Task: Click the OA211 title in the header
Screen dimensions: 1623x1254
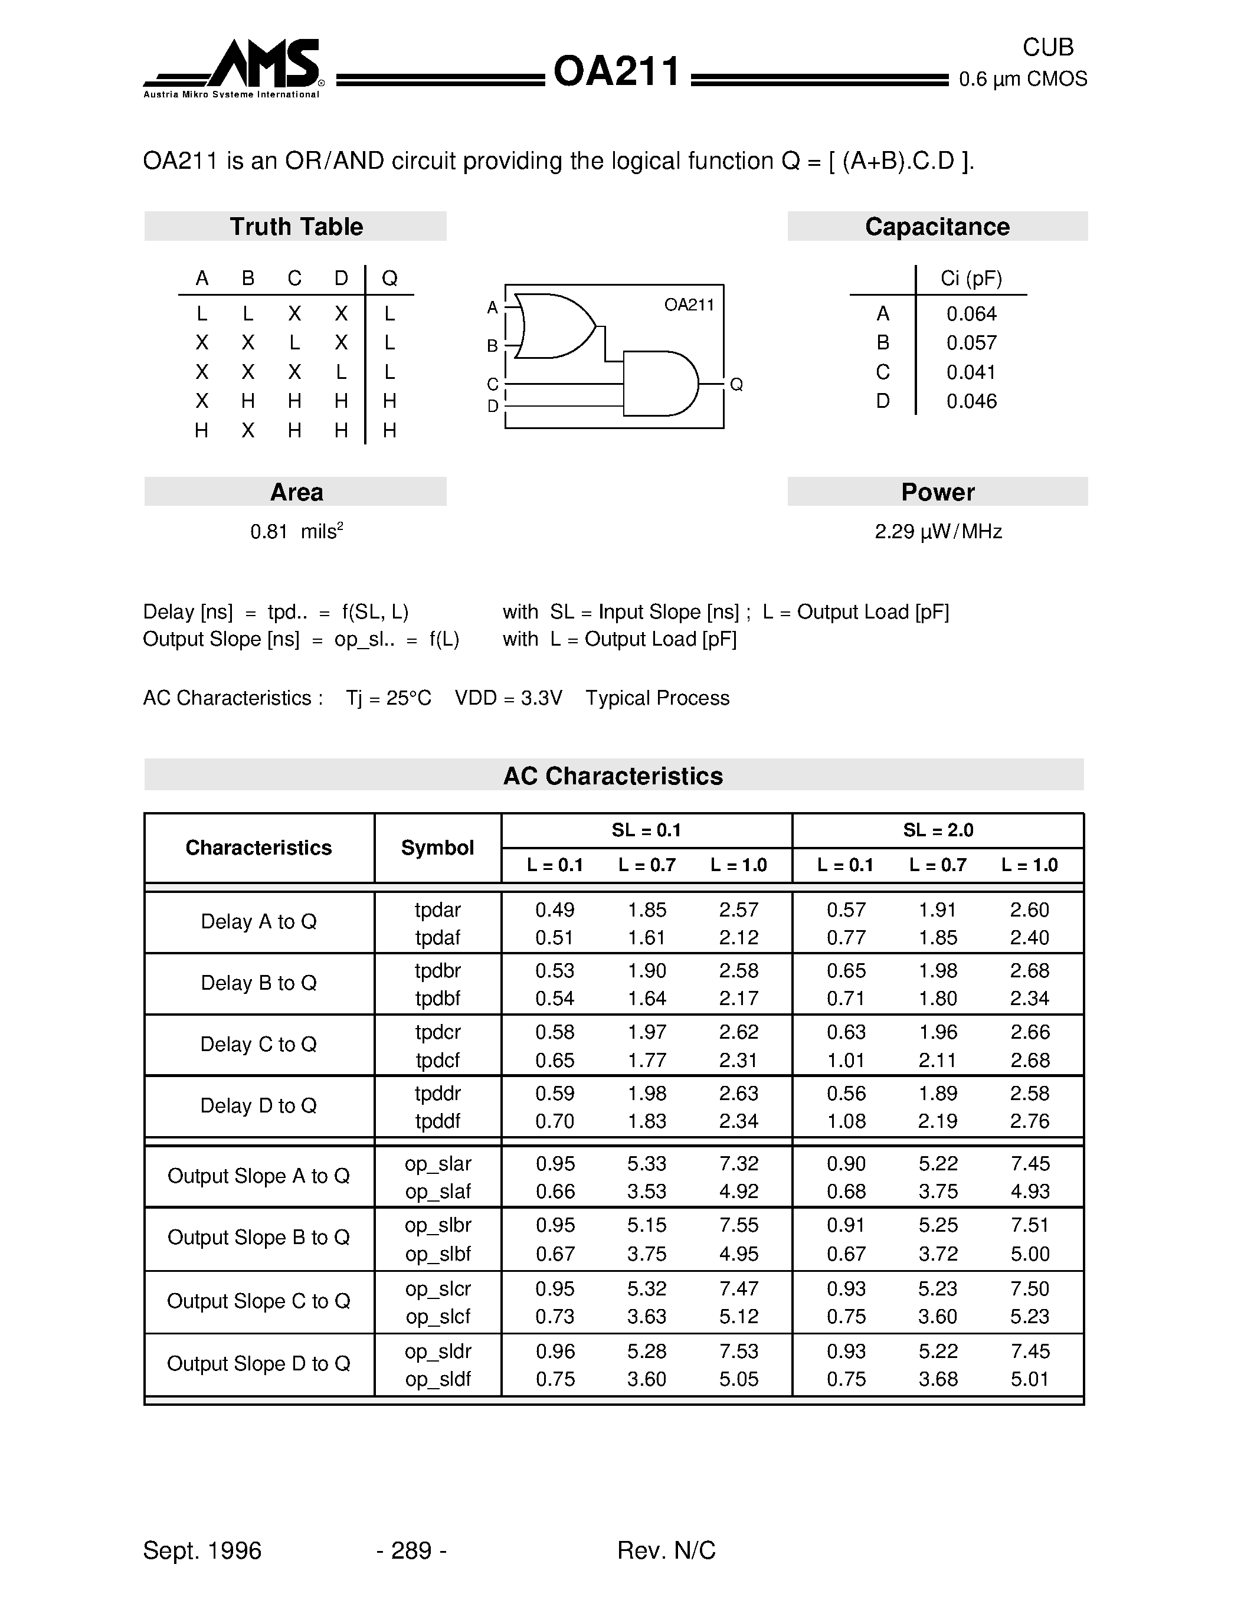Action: (616, 73)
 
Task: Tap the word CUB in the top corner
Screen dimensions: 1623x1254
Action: (1047, 48)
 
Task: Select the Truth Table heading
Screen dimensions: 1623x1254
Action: (296, 227)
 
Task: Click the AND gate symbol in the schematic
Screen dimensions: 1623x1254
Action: (660, 384)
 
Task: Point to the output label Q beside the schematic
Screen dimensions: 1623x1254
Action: (736, 384)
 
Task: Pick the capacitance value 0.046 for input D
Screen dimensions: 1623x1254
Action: (971, 401)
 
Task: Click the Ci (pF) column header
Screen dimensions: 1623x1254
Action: (971, 279)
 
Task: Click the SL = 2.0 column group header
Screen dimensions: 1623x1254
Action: (938, 830)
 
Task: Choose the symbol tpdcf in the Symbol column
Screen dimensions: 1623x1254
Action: (437, 1060)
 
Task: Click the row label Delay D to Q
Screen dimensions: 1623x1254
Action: (258, 1106)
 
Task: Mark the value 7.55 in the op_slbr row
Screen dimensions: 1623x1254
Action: (738, 1225)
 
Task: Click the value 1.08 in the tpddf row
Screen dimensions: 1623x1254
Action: (846, 1121)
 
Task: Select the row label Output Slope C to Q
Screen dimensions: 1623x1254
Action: (258, 1301)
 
